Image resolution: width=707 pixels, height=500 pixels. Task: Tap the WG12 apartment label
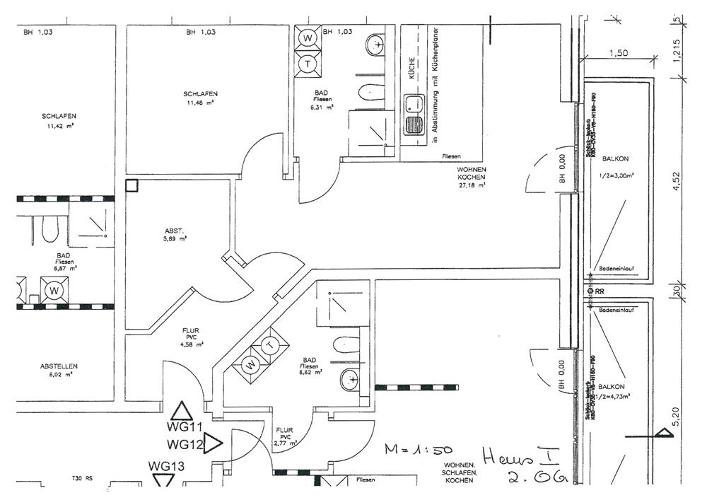pyautogui.click(x=185, y=445)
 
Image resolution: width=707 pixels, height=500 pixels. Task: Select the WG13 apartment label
pyautogui.click(x=167, y=465)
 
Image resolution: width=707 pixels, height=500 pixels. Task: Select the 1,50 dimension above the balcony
pyautogui.click(x=618, y=53)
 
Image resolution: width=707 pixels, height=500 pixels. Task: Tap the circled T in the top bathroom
pyautogui.click(x=308, y=64)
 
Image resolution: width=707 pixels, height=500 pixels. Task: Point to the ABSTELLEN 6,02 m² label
pyautogui.click(x=59, y=370)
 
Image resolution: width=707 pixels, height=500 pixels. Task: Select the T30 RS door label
pyautogui.click(x=83, y=478)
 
